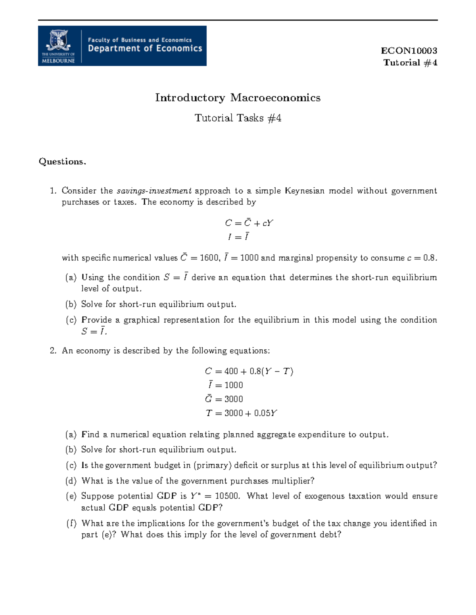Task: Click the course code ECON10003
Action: click(x=409, y=51)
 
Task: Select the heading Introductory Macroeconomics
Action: click(x=238, y=98)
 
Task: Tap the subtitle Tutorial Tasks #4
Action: click(x=238, y=118)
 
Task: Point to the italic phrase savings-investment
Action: click(x=154, y=191)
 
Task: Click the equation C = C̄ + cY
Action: click(x=249, y=223)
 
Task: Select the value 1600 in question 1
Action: click(x=209, y=258)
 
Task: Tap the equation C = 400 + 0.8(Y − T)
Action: click(x=249, y=371)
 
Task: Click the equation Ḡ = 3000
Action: click(x=224, y=399)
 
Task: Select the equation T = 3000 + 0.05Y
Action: click(x=241, y=413)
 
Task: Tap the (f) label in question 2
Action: click(x=71, y=523)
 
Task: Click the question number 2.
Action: click(x=53, y=351)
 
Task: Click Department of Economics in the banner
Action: click(x=145, y=49)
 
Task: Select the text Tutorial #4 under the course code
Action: click(x=410, y=63)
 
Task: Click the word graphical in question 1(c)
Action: click(x=141, y=320)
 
